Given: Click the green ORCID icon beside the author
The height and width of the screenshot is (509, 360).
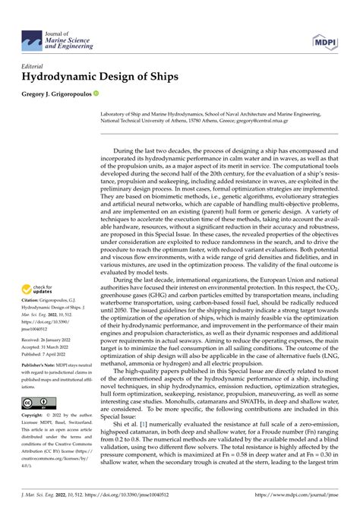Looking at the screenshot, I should [96, 93].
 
